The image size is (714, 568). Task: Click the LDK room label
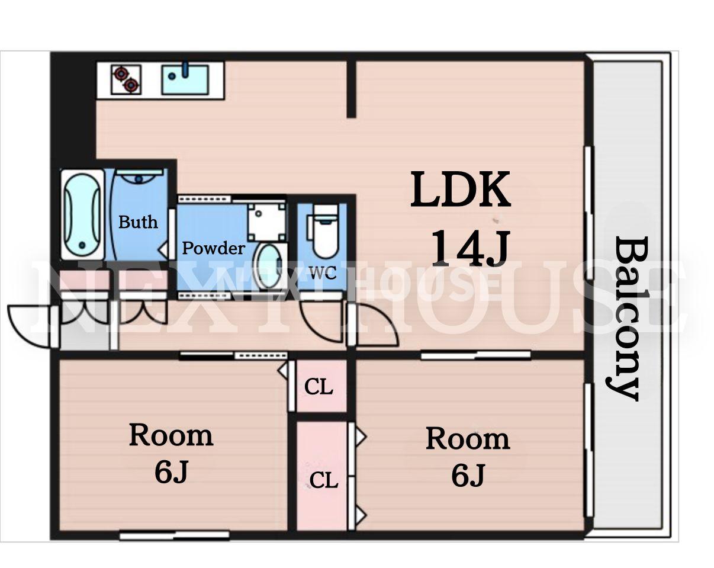(460, 190)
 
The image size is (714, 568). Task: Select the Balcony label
(625, 319)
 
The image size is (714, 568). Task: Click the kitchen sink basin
(185, 80)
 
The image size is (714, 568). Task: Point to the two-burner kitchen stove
(126, 80)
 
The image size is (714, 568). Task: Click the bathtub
(82, 215)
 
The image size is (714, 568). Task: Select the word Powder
(214, 248)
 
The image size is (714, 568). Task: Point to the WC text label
(323, 273)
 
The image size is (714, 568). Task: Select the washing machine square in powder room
(266, 222)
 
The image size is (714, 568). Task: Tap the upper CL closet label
(319, 387)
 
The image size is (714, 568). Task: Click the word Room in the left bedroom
(171, 435)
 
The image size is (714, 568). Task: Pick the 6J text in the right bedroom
(468, 476)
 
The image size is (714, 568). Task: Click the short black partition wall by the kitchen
(351, 89)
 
